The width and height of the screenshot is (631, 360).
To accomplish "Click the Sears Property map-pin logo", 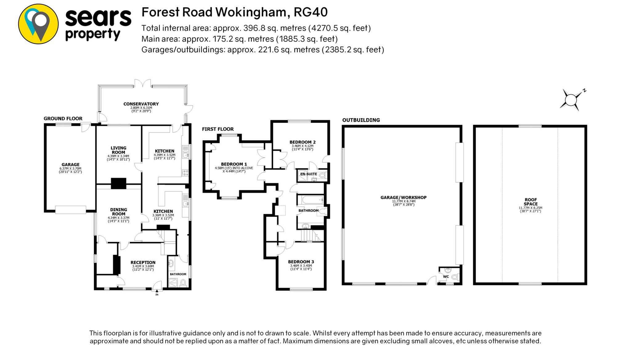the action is [x=38, y=24].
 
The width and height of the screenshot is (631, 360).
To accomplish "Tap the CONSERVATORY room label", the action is [x=141, y=104].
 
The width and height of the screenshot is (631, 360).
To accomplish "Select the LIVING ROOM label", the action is [x=118, y=150].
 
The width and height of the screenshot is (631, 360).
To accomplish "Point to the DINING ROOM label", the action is [x=119, y=212].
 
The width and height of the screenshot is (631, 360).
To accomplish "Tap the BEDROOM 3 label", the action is [x=301, y=262].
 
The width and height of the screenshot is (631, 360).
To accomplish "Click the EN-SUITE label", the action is [x=309, y=174].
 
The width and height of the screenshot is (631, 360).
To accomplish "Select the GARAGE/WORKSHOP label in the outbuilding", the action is [x=403, y=197].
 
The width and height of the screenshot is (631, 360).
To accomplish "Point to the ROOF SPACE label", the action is [x=531, y=202].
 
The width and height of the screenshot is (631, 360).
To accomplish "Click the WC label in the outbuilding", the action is [x=446, y=277].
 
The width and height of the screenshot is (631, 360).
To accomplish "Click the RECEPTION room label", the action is [x=143, y=262].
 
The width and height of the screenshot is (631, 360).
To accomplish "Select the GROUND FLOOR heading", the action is [x=63, y=119].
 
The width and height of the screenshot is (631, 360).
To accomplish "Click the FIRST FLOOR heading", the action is [x=218, y=129].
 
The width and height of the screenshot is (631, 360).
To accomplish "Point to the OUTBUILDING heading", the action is [x=361, y=120].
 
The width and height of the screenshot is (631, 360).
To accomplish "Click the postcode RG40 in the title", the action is [x=311, y=12].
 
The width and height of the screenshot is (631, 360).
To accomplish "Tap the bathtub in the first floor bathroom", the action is [x=312, y=200].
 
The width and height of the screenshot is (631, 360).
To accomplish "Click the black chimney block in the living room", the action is [x=119, y=183].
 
